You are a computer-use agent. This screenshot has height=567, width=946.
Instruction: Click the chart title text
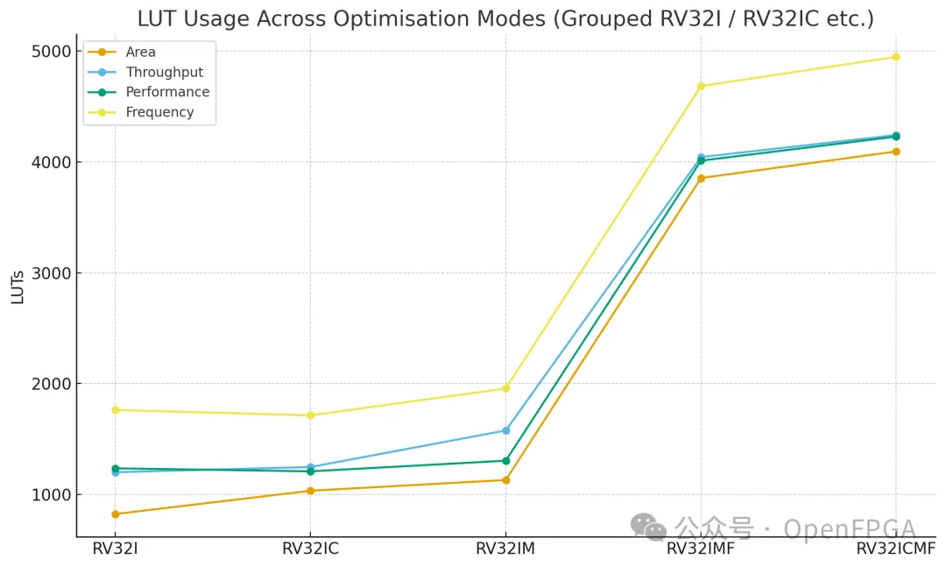click(x=505, y=18)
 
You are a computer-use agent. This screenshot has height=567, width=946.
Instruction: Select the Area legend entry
click(x=140, y=52)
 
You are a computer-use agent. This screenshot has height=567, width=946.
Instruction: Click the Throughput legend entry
click(x=164, y=72)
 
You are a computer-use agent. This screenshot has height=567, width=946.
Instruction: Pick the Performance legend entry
click(x=167, y=92)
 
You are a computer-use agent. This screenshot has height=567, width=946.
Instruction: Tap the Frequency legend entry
click(x=159, y=112)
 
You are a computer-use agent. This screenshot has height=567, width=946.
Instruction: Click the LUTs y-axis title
click(x=18, y=286)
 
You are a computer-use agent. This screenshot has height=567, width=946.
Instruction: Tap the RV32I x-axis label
click(x=115, y=549)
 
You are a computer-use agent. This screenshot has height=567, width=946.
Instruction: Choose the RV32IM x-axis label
click(x=505, y=549)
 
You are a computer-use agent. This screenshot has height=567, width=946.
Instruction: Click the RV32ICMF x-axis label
click(x=896, y=549)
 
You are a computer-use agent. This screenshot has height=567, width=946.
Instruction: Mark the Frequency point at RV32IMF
click(x=701, y=86)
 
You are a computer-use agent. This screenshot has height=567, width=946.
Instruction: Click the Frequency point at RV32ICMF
click(x=896, y=57)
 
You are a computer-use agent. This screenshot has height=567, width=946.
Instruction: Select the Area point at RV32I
click(x=115, y=514)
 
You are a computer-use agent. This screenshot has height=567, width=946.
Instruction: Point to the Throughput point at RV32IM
click(x=505, y=430)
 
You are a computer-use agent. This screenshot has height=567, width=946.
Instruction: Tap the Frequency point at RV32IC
click(x=310, y=415)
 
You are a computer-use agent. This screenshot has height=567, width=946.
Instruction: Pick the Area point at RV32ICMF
click(x=896, y=152)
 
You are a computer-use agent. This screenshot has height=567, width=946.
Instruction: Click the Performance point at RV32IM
click(x=505, y=461)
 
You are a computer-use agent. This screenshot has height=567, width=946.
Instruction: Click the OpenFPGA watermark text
click(x=849, y=529)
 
